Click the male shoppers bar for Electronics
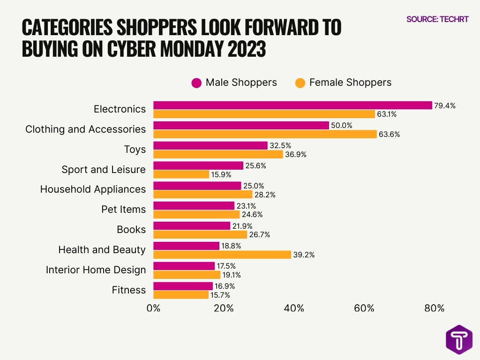(x=292, y=105)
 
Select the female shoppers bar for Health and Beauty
(x=222, y=255)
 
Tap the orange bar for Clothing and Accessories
(x=265, y=134)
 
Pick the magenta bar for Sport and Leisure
(x=198, y=165)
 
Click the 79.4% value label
(x=444, y=105)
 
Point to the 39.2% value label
(x=303, y=255)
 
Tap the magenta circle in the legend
(x=196, y=83)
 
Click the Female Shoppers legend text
(x=350, y=82)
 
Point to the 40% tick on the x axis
(x=294, y=308)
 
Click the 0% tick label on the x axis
(x=153, y=308)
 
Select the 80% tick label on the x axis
(x=434, y=308)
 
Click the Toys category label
(x=135, y=150)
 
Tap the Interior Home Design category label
(x=96, y=270)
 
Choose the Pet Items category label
(x=123, y=210)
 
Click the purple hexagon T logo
(x=459, y=339)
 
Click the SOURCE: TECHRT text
(x=437, y=19)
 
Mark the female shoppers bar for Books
(x=200, y=234)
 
